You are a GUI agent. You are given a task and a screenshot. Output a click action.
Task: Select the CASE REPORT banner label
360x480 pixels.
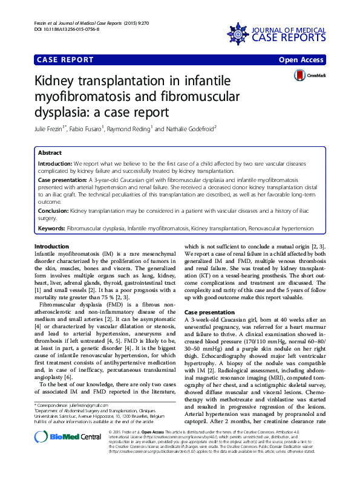(65, 60)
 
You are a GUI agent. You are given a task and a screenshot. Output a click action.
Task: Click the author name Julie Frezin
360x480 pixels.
(51, 127)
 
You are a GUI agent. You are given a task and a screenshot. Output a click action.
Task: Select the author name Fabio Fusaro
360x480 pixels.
(88, 127)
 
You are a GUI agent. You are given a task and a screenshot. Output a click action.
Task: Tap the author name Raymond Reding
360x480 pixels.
(130, 127)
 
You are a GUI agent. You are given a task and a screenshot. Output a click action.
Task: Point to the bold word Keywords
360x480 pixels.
(51, 229)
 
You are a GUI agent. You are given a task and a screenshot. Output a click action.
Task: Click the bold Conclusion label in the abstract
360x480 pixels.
(53, 211)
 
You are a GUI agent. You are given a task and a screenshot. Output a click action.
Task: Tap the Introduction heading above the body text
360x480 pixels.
(52, 247)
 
